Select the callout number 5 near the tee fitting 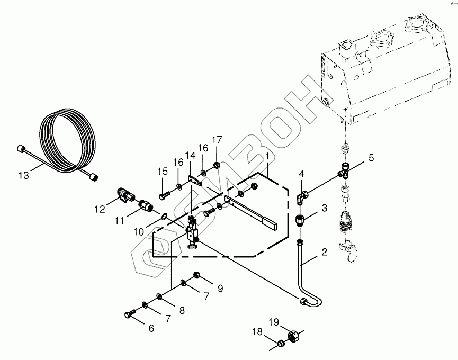pyautogui.click(x=371, y=158)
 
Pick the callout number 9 pyautogui.click(x=220, y=289)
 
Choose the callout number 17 pyautogui.click(x=217, y=140)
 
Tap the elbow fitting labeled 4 pyautogui.click(x=301, y=197)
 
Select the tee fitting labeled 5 pyautogui.click(x=344, y=170)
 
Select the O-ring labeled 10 pyautogui.click(x=164, y=217)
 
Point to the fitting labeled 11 pyautogui.click(x=145, y=204)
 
